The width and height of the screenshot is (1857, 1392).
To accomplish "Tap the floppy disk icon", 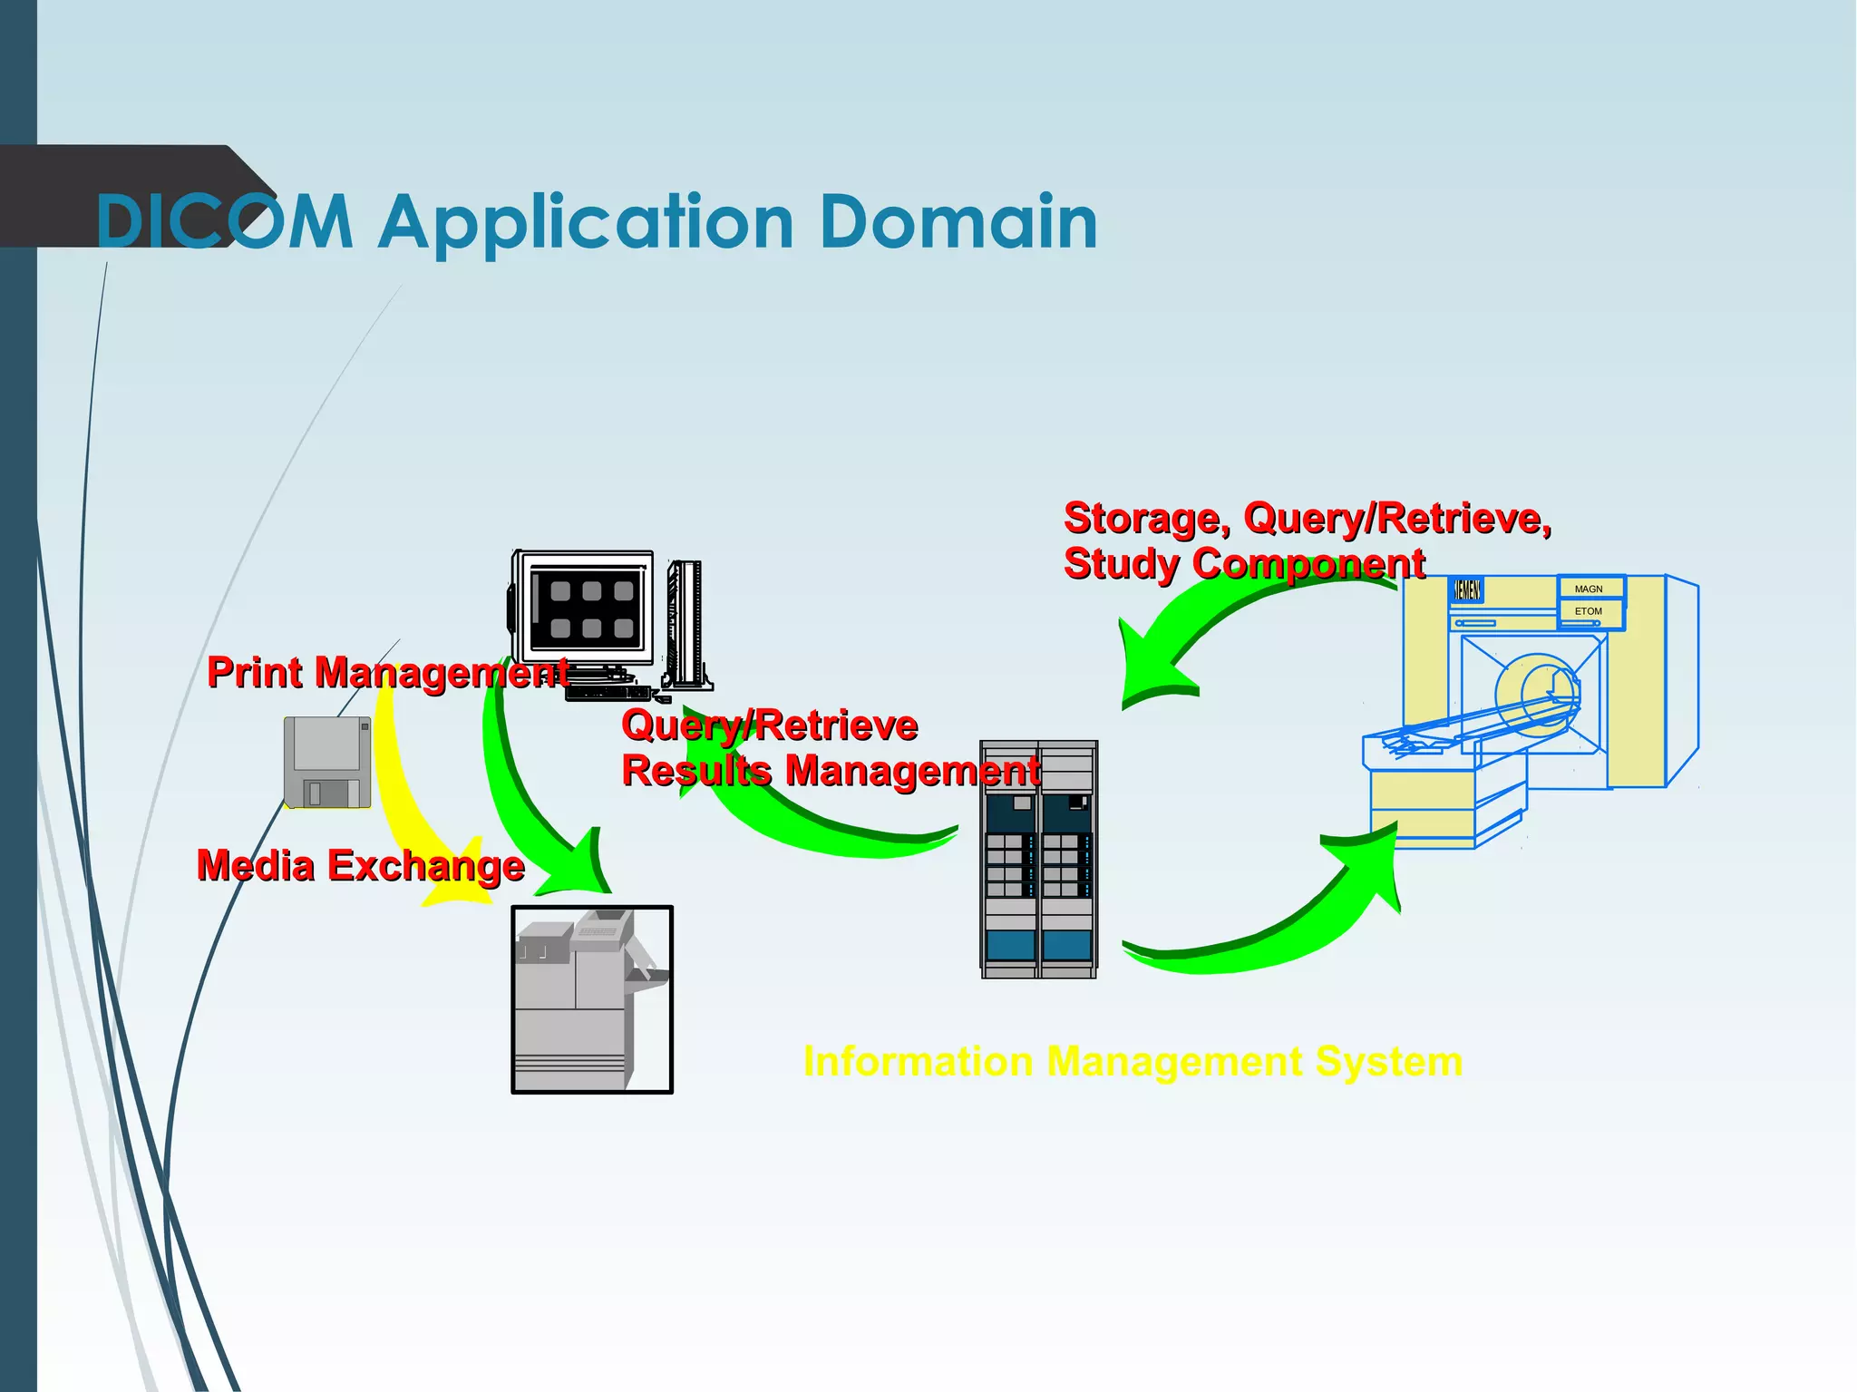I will (327, 762).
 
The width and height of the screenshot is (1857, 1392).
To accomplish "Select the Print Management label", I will (387, 673).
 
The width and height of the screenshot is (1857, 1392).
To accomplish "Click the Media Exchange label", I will (360, 865).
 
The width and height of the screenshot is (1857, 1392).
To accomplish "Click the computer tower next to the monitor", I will (687, 626).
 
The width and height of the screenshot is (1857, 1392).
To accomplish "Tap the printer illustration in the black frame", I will (591, 999).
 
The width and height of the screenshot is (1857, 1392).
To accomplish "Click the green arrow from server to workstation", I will (816, 825).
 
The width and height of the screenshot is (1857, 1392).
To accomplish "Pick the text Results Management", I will (830, 771).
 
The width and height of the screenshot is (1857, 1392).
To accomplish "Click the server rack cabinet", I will (1039, 860).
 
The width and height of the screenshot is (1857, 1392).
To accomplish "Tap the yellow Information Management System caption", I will (1133, 1061).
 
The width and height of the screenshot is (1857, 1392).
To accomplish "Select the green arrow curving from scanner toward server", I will (1206, 626).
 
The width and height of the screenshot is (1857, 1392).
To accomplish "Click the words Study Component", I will (1244, 563).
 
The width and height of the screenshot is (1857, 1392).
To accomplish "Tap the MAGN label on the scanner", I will (1589, 589).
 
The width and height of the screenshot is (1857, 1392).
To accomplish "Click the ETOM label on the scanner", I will (1589, 611).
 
